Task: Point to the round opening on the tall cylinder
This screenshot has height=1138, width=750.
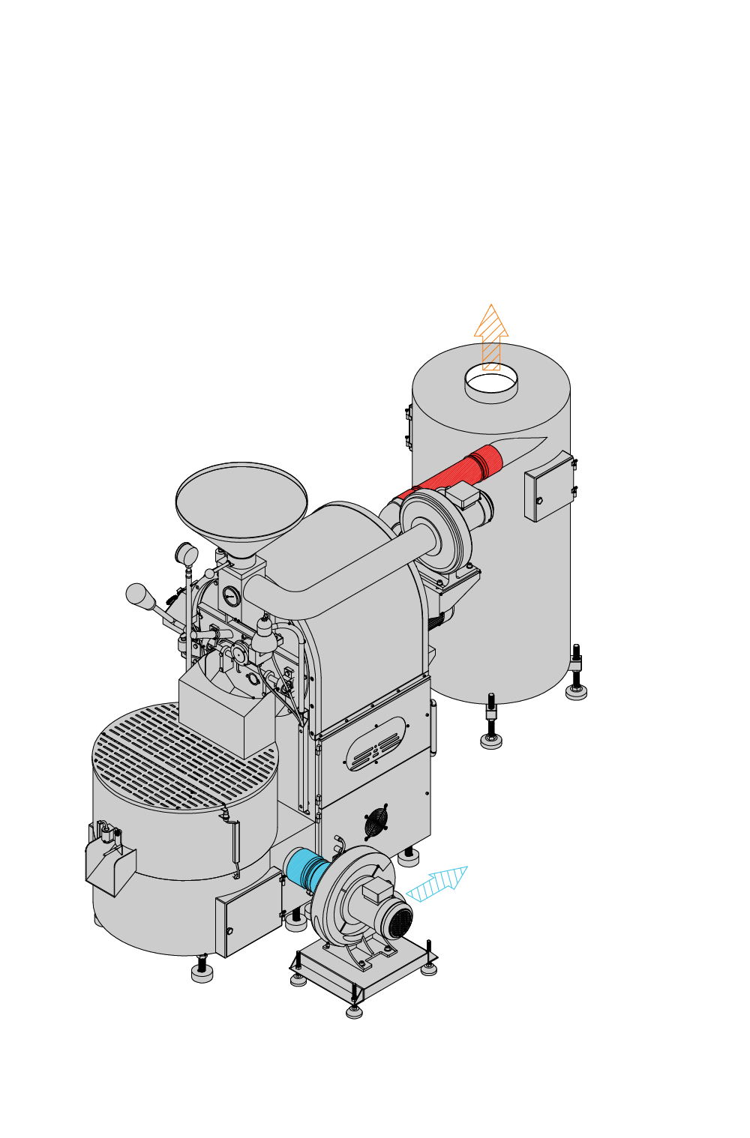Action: pyautogui.click(x=491, y=381)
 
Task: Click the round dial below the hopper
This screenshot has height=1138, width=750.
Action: pyautogui.click(x=231, y=597)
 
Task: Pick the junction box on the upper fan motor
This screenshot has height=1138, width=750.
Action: pyautogui.click(x=463, y=496)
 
